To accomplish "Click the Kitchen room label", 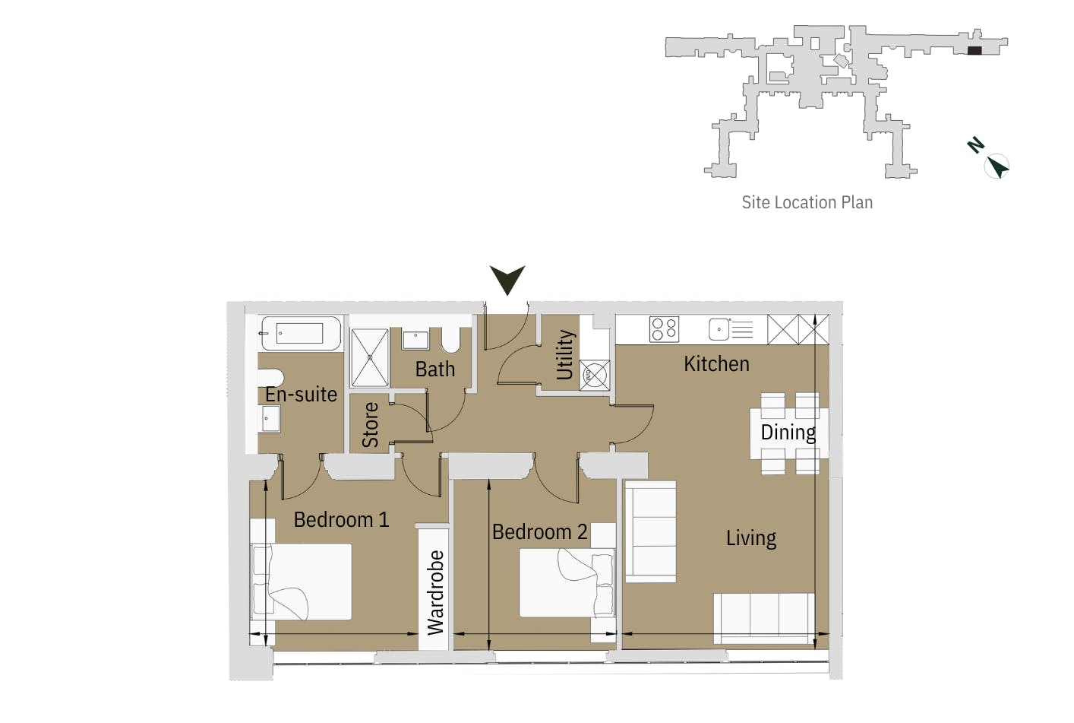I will [716, 364].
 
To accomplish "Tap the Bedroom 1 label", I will [341, 520].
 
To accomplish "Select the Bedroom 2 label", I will [539, 532].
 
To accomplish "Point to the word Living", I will [750, 538].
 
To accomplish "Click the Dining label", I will [788, 433].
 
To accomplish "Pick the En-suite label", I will [301, 395].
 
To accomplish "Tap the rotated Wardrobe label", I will [435, 592].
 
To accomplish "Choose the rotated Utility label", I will [565, 354].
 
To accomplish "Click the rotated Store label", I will [370, 424].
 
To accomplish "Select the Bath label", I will [434, 369].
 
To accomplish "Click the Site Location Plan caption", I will [807, 202].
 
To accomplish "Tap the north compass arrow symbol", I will [997, 166].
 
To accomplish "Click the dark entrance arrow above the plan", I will [507, 279].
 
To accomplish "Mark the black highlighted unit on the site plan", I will [974, 51].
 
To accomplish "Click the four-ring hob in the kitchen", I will [664, 329].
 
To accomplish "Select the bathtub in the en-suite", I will [301, 333].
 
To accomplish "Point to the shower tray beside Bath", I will [370, 357].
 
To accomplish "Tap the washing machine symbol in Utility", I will [594, 375].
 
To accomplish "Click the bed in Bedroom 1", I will [302, 581].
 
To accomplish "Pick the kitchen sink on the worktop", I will [719, 329].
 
